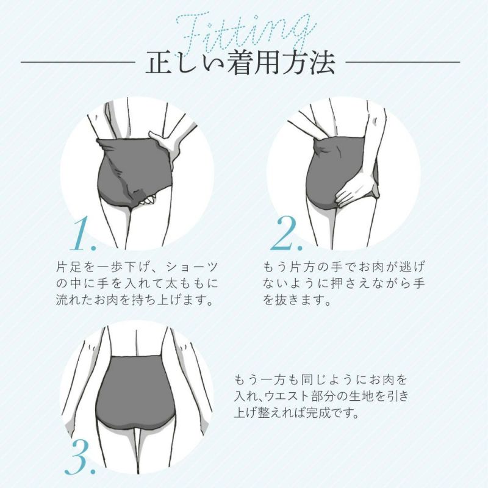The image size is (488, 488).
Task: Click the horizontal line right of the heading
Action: [403, 62]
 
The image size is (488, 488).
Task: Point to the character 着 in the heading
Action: [239, 62]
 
